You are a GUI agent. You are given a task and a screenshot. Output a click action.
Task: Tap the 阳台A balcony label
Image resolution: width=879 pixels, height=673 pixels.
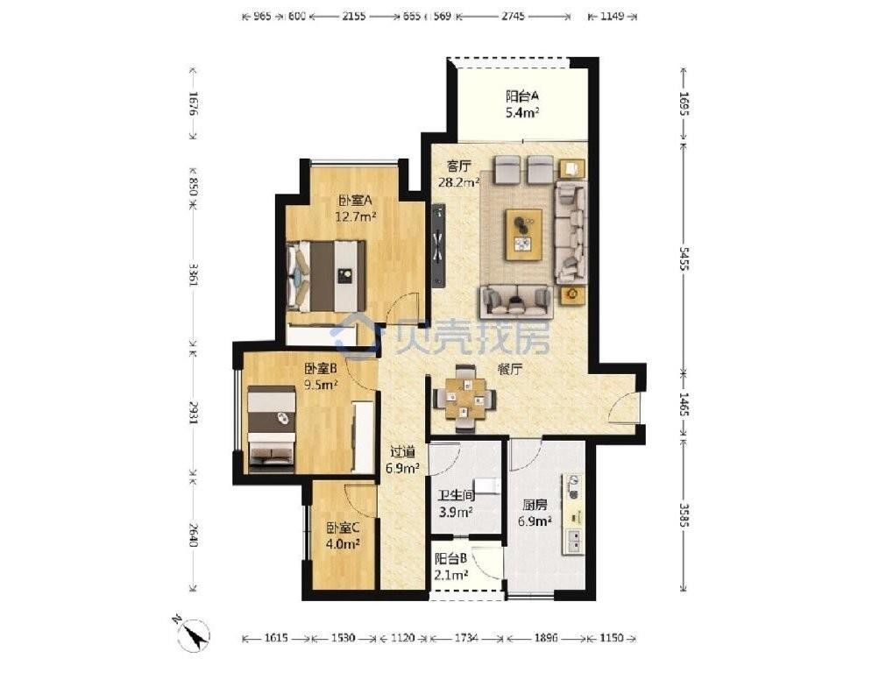[522, 96]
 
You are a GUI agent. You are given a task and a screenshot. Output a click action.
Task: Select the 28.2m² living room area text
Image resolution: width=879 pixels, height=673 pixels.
[458, 181]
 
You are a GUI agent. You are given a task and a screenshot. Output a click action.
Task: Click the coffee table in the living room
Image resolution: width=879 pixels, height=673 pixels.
[523, 234]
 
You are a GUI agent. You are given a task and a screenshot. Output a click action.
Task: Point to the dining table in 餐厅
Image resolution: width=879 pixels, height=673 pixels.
[464, 398]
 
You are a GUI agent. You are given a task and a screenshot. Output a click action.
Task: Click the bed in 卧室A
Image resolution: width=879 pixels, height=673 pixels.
[326, 276]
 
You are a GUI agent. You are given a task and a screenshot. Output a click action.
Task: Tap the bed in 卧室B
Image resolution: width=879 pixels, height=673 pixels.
[272, 426]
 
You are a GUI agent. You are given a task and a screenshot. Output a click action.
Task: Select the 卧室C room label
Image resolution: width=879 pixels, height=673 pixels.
[343, 528]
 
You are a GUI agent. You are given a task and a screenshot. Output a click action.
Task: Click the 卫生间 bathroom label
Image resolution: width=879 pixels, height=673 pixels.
[457, 495]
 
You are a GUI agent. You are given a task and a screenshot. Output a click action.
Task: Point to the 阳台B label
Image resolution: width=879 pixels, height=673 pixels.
[451, 559]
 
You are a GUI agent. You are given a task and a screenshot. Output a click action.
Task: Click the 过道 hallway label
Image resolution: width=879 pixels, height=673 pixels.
[402, 451]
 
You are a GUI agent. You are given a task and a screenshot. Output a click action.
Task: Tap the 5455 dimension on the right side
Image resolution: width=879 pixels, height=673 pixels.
[684, 259]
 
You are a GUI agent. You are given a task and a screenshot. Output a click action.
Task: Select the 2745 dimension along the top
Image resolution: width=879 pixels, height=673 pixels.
[513, 17]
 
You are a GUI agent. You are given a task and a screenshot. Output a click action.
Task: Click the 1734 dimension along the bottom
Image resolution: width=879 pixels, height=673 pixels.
[467, 638]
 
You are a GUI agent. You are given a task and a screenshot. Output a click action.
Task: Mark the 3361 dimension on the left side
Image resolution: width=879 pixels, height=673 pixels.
[194, 274]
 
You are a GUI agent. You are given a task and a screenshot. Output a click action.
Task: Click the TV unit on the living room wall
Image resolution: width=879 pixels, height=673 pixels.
[439, 245]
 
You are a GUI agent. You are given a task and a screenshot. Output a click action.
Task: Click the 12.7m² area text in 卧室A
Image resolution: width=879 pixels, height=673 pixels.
[356, 216]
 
